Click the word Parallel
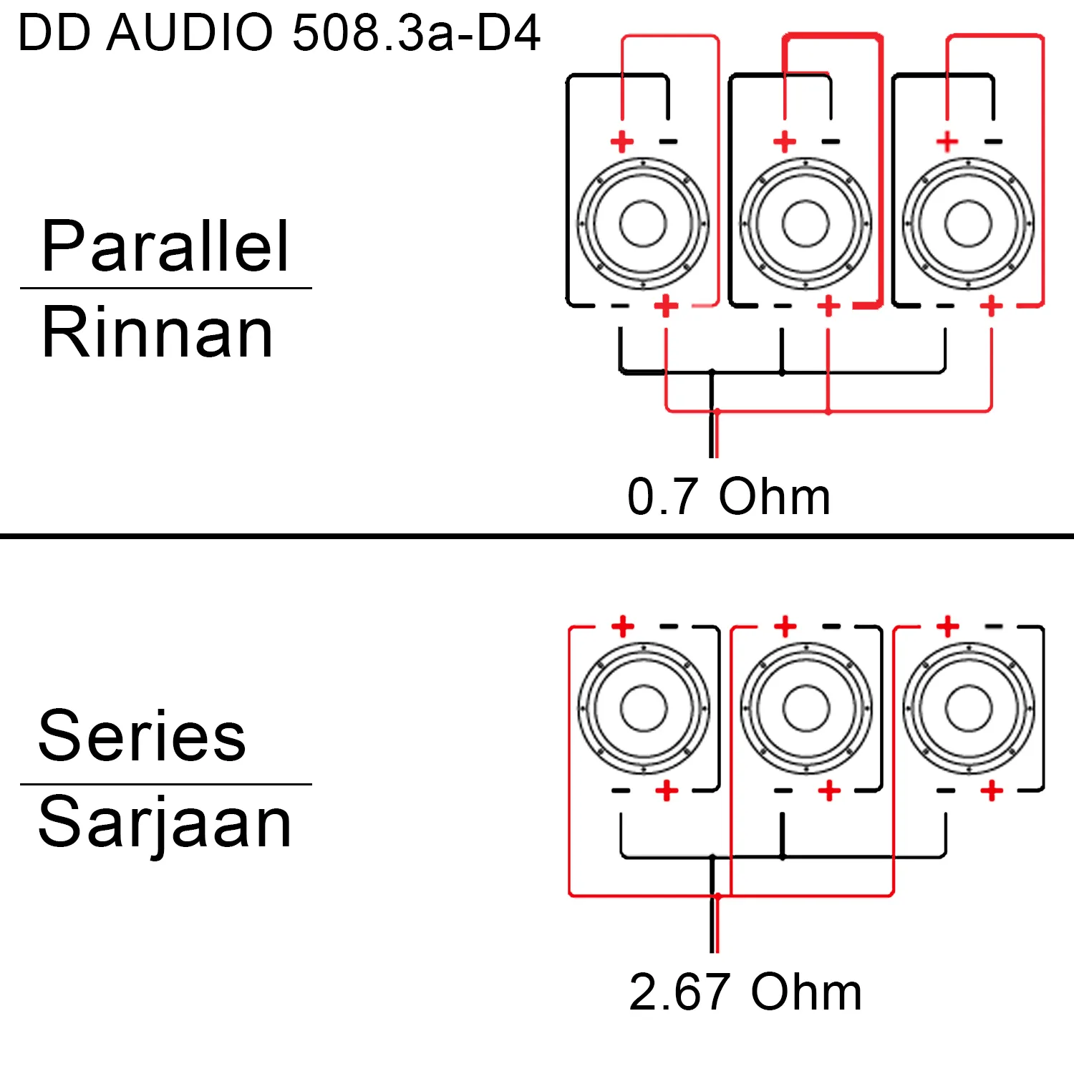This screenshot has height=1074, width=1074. click(165, 246)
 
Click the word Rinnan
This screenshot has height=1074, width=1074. click(158, 332)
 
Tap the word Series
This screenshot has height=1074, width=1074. click(142, 735)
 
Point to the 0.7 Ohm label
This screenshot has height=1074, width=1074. click(729, 495)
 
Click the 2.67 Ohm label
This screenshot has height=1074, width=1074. click(745, 992)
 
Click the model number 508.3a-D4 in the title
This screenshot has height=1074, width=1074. click(416, 33)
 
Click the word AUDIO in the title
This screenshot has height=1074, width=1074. click(190, 33)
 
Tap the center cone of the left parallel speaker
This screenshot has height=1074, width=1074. click(643, 223)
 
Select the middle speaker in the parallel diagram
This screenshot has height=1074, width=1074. click(805, 223)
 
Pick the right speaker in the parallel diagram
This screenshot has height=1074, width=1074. click(968, 223)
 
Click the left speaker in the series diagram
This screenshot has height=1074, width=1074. click(643, 708)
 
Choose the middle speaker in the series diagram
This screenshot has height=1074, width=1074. click(805, 708)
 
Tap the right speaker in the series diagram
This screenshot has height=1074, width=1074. click(968, 708)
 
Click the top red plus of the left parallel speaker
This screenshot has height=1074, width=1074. click(622, 141)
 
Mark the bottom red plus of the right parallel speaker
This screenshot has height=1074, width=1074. click(992, 306)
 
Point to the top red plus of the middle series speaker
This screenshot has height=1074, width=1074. click(785, 626)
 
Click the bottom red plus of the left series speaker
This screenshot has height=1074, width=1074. click(667, 790)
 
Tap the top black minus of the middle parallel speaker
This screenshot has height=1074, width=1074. click(831, 142)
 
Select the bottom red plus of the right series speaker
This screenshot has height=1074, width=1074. click(992, 790)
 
